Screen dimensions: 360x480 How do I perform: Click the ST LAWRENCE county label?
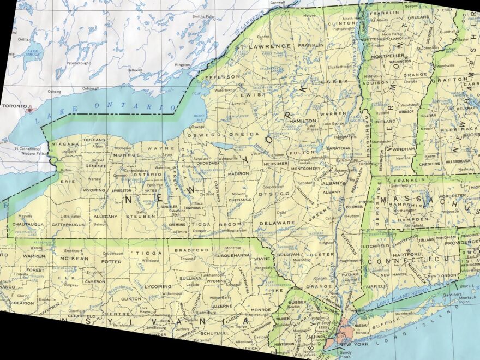pos(256,47)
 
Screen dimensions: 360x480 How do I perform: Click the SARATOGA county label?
pos(338,148)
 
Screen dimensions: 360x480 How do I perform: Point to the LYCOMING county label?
pos(158,286)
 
